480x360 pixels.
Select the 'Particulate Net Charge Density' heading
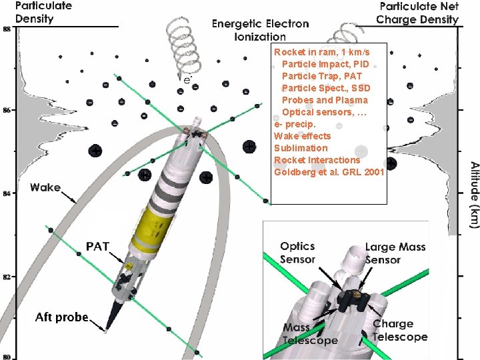[418, 12]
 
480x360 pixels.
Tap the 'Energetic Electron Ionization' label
[260, 30]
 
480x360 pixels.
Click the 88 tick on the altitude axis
[7, 29]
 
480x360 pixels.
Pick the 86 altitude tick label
[7, 110]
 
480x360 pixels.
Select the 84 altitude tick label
[7, 193]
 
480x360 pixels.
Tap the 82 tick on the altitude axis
[7, 276]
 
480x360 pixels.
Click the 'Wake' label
[45, 188]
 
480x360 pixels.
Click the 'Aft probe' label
[61, 317]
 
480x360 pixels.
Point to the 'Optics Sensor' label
[297, 253]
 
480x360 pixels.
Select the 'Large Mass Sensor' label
[395, 253]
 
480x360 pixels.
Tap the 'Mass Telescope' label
[310, 333]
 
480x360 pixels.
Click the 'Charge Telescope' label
[399, 331]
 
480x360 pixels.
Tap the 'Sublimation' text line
[301, 148]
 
